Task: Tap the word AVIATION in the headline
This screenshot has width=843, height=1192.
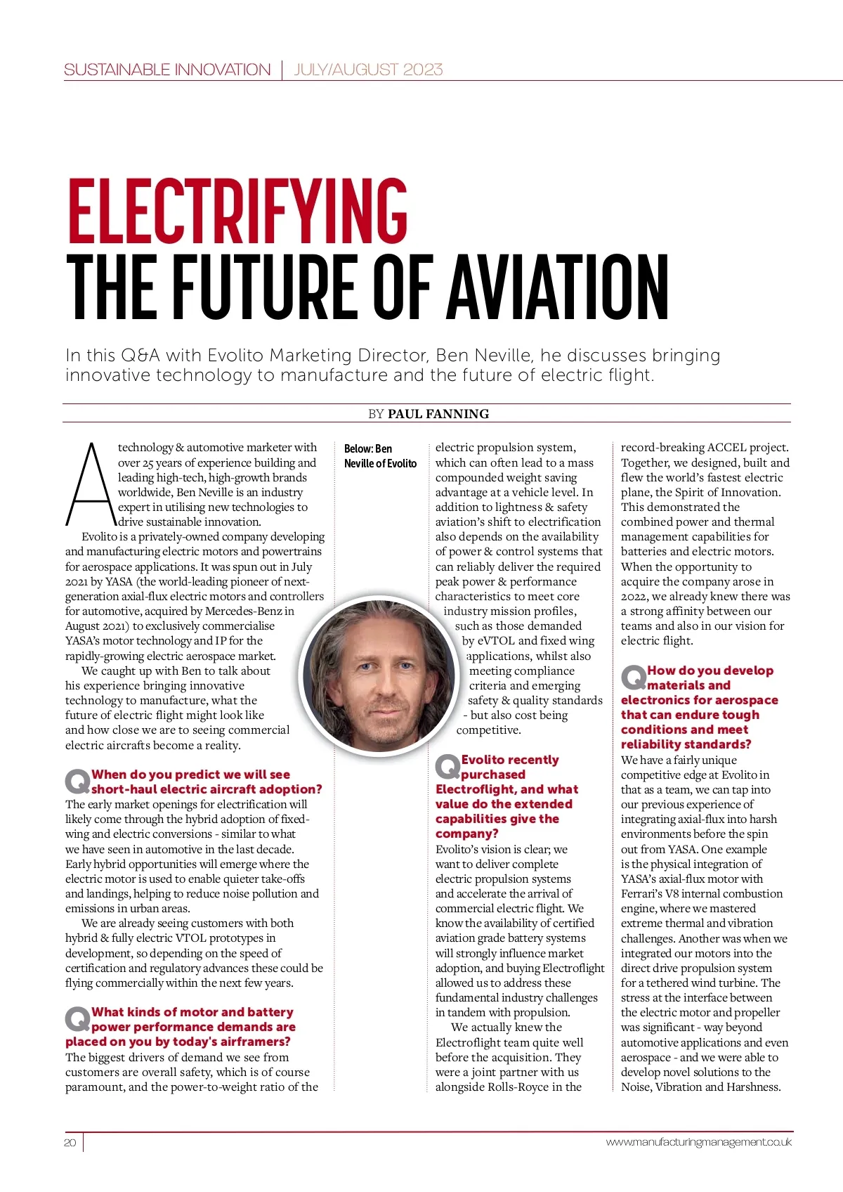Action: point(558,287)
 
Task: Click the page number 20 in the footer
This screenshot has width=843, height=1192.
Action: point(70,1142)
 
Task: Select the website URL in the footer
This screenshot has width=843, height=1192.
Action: point(698,1142)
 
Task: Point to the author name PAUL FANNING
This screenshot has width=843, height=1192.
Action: point(438,413)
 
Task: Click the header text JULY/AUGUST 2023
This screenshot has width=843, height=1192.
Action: point(368,70)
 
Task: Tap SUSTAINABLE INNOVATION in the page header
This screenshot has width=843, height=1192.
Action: point(167,70)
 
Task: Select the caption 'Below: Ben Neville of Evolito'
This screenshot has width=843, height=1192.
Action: point(380,456)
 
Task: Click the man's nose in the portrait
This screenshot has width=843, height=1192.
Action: point(384,681)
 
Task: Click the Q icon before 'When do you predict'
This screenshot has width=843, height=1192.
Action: point(77,781)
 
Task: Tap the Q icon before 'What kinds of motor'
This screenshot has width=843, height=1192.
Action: point(77,1018)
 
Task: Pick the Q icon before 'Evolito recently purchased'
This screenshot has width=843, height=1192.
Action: point(447,766)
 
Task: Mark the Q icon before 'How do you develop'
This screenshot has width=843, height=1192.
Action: point(634,678)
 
